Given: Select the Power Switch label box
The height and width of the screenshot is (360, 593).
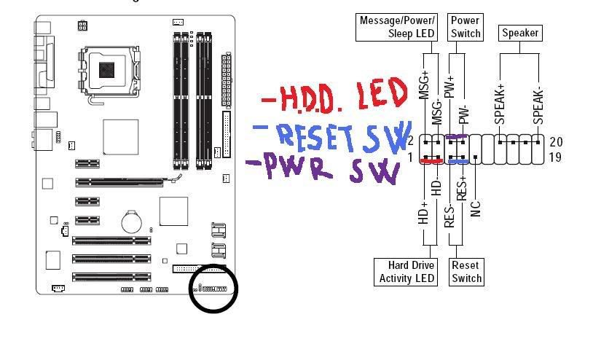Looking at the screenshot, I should click(466, 27).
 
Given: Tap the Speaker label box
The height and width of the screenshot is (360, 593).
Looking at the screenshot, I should click(519, 33).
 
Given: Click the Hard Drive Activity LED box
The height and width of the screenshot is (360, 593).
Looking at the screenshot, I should click(407, 271).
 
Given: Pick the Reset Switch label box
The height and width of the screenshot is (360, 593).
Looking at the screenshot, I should click(466, 271).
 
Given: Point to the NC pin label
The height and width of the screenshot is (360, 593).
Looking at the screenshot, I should click(475, 208).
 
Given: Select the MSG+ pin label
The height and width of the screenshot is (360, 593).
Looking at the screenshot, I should click(424, 86).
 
